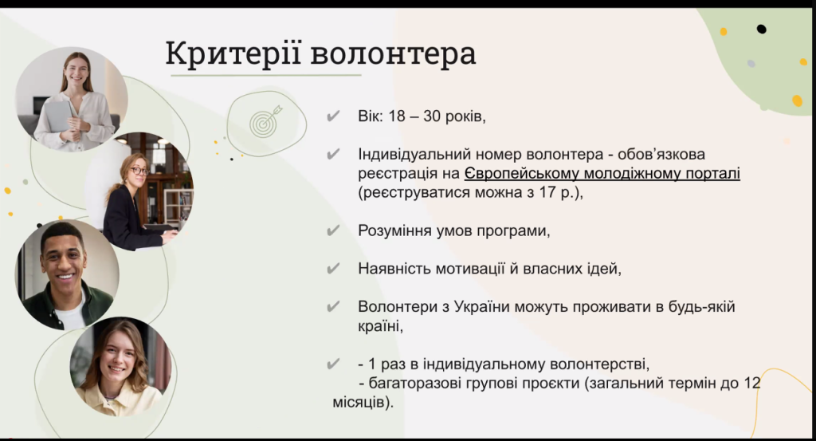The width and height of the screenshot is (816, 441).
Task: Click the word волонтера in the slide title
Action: (393, 54)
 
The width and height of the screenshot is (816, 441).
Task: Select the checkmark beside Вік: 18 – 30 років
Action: (333, 116)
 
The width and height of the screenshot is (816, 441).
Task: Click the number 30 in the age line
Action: (432, 116)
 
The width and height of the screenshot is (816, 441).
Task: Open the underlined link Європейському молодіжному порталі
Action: (602, 174)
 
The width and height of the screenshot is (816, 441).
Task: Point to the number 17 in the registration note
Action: (547, 192)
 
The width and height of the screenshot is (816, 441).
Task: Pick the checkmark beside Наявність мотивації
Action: (333, 268)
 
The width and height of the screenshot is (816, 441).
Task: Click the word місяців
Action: (359, 403)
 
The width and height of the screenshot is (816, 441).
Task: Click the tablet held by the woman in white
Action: (59, 116)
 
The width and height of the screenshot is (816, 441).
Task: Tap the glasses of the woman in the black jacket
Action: (139, 170)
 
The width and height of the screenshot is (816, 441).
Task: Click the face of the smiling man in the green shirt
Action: (63, 258)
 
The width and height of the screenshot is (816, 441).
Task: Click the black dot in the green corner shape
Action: (761, 30)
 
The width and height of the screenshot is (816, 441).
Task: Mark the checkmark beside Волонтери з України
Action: (333, 306)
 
